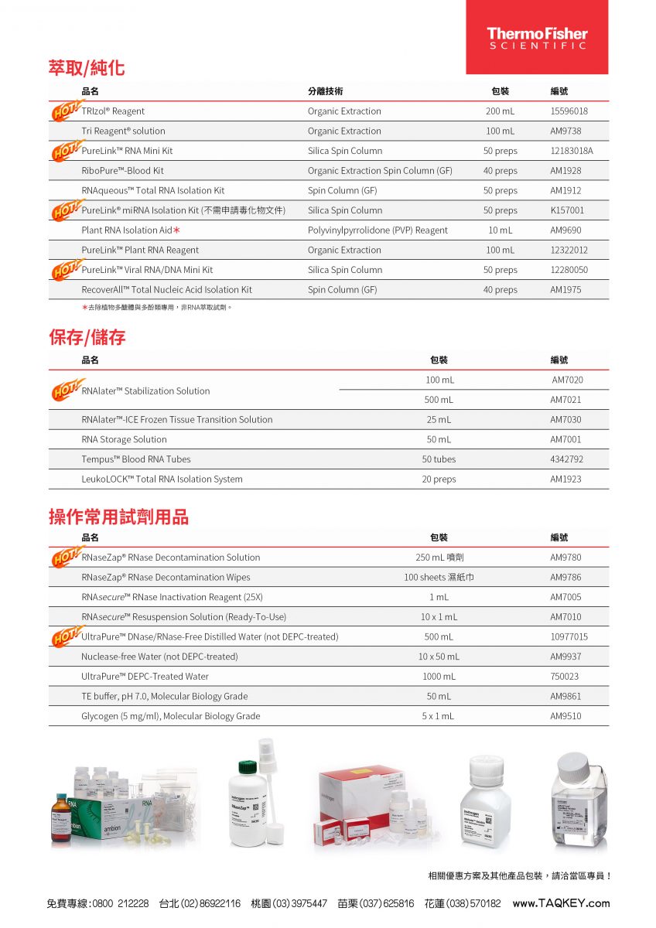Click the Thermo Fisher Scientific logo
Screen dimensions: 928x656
tap(537, 38)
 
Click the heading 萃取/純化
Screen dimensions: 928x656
tap(87, 68)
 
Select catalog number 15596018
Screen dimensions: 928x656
tap(569, 111)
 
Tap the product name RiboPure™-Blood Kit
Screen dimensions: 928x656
tap(122, 171)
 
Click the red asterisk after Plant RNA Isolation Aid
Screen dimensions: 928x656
tap(177, 230)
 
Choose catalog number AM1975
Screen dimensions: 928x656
tap(565, 290)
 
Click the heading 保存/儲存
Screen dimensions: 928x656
tap(87, 337)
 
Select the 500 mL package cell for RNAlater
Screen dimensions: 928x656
tap(439, 400)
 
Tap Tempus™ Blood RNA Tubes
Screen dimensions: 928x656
tap(136, 459)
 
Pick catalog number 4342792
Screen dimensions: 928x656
tap(567, 459)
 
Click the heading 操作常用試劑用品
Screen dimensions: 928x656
tap(118, 517)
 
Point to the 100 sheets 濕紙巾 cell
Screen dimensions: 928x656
tap(439, 578)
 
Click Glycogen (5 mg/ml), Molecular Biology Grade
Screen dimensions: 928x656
tap(170, 716)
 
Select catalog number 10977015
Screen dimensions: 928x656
tap(569, 637)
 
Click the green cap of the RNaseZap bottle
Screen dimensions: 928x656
tap(248, 767)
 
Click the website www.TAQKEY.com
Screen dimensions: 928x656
tap(561, 903)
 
